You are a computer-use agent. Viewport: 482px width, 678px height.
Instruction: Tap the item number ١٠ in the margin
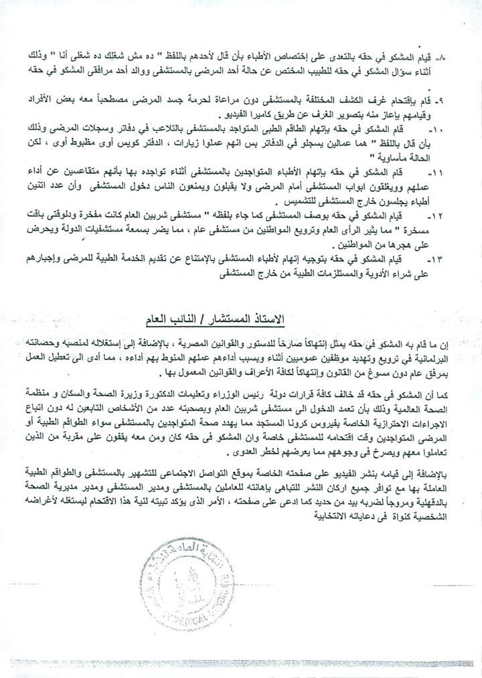455,126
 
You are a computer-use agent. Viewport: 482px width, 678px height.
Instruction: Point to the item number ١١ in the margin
455,173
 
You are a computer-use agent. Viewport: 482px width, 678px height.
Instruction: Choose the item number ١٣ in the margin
455,258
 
